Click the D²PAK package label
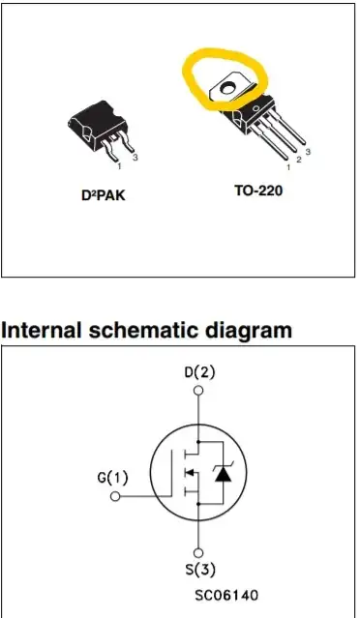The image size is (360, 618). click(104, 194)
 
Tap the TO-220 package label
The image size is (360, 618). click(258, 191)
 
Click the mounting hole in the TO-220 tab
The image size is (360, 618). click(227, 88)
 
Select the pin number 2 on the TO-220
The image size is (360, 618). click(298, 160)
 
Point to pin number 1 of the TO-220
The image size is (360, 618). click(288, 167)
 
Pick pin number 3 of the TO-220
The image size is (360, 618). click(308, 152)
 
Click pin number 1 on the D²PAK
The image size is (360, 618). click(120, 166)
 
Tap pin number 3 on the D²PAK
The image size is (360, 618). click(135, 158)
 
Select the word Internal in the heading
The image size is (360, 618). click(41, 330)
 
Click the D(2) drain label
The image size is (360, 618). click(199, 372)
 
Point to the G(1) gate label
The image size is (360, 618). click(112, 478)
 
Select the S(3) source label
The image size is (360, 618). click(199, 570)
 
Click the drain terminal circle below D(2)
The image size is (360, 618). click(198, 390)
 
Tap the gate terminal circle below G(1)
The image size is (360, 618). click(115, 496)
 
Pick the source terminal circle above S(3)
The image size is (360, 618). click(198, 553)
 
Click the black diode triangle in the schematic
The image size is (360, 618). click(224, 475)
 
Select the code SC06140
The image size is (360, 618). click(226, 595)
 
